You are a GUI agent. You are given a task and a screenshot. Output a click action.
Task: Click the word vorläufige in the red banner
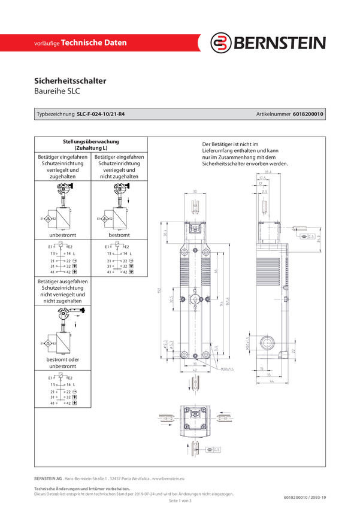coord(47,44)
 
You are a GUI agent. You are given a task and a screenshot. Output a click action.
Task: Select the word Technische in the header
coord(85,43)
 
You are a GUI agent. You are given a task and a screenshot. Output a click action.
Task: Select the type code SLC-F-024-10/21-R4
coord(105,114)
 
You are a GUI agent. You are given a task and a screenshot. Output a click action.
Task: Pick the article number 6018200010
coord(308,114)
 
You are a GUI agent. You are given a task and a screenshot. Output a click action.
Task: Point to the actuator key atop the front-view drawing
coord(195,207)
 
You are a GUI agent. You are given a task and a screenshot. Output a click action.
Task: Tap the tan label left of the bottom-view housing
coord(167,418)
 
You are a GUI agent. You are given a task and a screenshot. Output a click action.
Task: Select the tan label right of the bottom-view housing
coord(223,417)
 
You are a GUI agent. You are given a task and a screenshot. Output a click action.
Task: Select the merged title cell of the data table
coord(91,143)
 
